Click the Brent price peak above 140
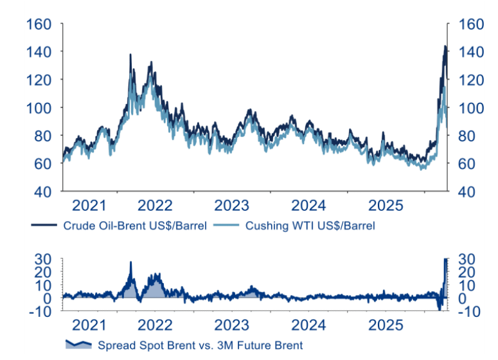click(x=445, y=46)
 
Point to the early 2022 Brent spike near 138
click(x=130, y=55)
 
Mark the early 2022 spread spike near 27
click(x=130, y=262)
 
